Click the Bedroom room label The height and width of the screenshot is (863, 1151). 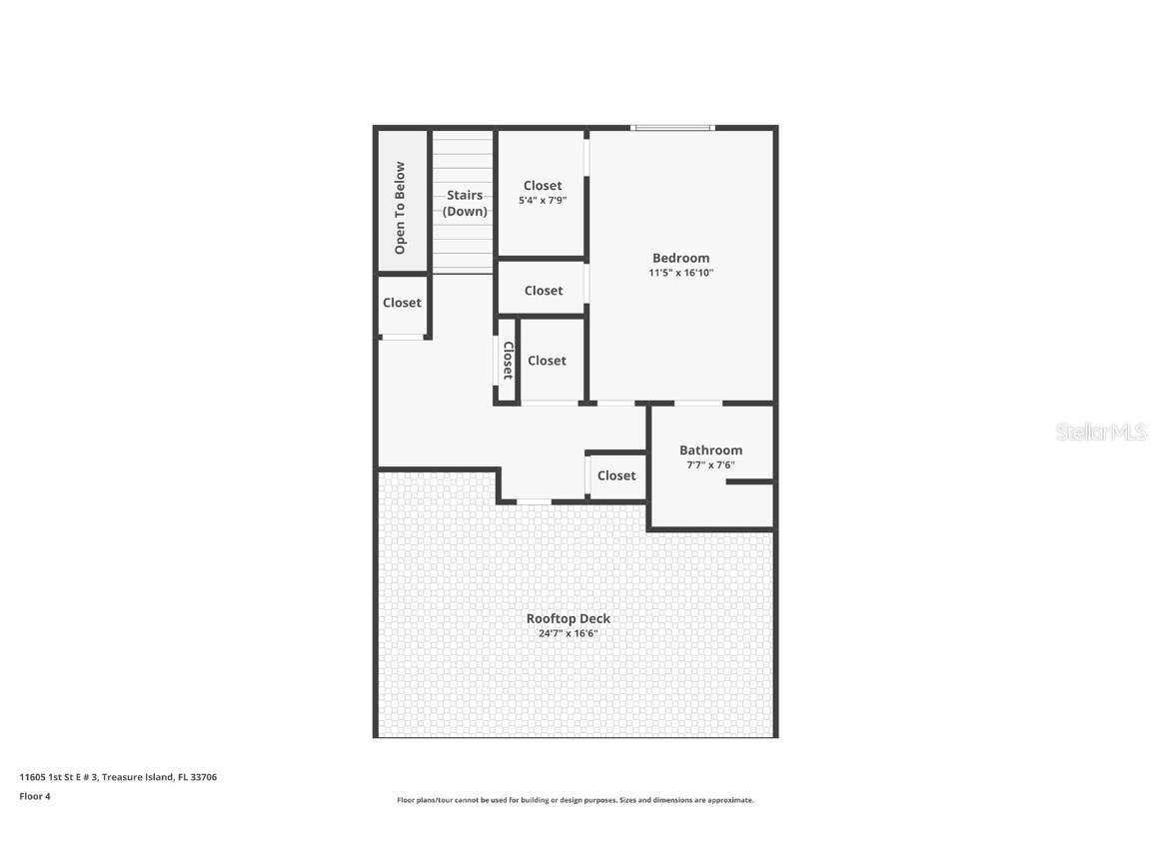680,258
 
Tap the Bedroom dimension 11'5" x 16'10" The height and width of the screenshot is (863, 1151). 680,273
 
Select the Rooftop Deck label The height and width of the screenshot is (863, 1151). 568,618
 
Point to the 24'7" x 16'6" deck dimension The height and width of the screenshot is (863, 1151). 568,633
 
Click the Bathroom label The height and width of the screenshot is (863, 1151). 710,450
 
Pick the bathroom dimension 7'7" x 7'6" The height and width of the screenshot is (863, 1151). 710,464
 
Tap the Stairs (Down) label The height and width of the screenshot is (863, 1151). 465,203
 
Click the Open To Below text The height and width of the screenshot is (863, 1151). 401,207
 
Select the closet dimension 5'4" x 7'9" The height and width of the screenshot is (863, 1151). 543,201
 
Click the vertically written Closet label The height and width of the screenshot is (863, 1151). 508,360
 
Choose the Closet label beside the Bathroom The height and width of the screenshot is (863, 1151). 616,475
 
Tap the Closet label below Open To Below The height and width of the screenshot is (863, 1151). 402,303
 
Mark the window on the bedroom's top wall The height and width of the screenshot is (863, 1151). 672,128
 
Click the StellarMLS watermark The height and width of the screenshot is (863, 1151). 1101,432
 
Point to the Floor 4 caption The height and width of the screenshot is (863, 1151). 34,796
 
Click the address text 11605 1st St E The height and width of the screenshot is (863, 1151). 118,776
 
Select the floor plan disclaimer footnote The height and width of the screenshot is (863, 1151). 575,800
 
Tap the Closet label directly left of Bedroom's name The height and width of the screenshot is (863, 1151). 544,291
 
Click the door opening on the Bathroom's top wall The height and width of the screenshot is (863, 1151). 698,403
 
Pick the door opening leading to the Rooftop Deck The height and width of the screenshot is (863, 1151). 534,500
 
